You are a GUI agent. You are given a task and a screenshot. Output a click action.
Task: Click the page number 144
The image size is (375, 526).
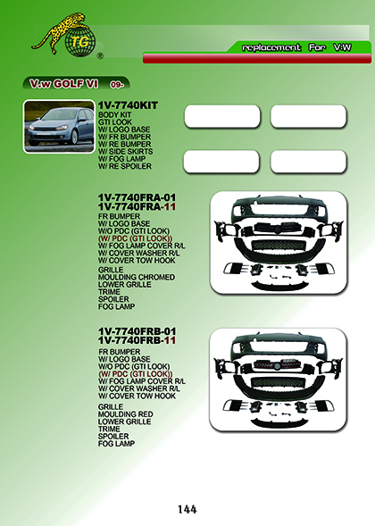click(187, 509)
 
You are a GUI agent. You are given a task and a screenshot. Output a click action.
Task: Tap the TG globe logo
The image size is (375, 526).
click(80, 42)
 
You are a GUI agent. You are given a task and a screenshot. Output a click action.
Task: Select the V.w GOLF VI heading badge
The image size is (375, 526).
click(76, 84)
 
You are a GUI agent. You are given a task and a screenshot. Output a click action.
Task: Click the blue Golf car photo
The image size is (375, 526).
click(59, 126)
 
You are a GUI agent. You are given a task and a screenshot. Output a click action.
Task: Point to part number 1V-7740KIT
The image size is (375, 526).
click(128, 105)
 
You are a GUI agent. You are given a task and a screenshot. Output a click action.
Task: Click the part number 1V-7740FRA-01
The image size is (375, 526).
click(137, 197)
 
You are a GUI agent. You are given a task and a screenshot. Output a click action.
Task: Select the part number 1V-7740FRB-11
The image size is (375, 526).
click(137, 340)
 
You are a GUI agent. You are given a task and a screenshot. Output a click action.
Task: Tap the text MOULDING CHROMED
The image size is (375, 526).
click(137, 278)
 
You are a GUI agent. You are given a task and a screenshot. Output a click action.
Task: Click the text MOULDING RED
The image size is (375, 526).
click(126, 414)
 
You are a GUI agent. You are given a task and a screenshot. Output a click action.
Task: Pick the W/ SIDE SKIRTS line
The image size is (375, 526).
click(126, 152)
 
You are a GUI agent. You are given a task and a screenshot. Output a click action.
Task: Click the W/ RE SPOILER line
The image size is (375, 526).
click(125, 166)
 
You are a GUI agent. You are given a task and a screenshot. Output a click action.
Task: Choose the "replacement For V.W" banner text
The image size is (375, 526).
click(296, 47)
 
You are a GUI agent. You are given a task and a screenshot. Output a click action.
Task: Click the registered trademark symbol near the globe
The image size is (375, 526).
click(100, 56)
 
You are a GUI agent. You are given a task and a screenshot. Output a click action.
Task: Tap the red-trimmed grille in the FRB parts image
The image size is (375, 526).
click(278, 364)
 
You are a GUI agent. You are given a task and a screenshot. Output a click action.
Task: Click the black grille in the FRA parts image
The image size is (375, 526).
click(278, 229)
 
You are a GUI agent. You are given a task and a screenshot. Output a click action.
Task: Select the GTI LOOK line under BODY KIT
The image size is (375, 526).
click(115, 122)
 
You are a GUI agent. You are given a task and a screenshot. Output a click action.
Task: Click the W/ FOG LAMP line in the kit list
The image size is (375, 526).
click(121, 159)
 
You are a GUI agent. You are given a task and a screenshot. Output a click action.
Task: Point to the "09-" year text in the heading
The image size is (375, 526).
click(117, 85)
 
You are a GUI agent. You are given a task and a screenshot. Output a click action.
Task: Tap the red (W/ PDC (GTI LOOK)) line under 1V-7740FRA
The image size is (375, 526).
click(135, 238)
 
